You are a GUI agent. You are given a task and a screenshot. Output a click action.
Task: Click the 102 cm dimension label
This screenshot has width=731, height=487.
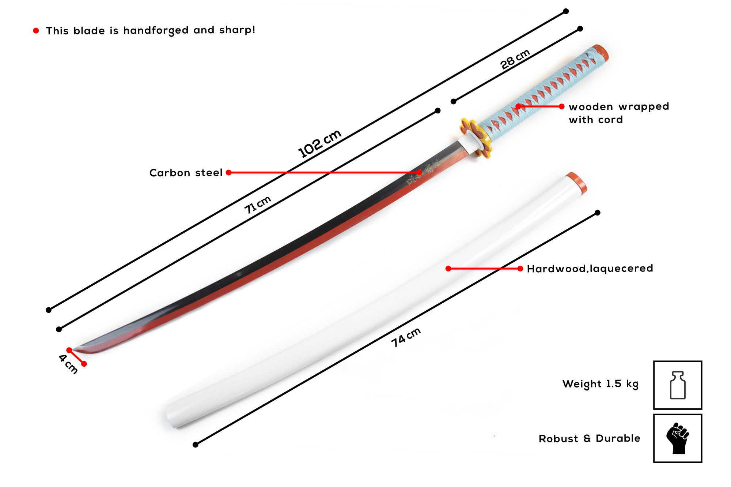[319, 143]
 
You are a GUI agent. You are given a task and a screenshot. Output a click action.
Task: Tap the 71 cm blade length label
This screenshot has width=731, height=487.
[258, 205]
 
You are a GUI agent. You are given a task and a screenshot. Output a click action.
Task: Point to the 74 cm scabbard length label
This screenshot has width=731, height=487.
[406, 337]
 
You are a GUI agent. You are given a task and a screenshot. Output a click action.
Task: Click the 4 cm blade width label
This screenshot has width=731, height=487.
[68, 364]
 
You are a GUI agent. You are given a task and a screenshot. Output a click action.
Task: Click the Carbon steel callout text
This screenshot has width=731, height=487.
[186, 173]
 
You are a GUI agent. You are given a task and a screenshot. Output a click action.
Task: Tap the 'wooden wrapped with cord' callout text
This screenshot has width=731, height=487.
[618, 113]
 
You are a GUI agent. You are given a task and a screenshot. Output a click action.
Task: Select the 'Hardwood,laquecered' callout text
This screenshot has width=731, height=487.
[590, 269]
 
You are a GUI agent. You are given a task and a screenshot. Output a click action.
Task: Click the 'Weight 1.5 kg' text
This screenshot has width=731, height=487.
[600, 384]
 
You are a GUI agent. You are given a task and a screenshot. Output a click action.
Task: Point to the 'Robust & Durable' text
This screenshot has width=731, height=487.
[589, 438]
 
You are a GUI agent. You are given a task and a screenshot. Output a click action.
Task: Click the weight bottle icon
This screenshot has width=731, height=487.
[677, 385]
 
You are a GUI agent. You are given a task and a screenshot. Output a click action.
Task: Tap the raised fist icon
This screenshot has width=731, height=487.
[677, 438]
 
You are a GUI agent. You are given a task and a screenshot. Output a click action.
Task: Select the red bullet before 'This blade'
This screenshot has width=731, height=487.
[36, 31]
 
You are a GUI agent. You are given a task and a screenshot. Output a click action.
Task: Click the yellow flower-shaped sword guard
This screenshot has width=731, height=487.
[476, 137]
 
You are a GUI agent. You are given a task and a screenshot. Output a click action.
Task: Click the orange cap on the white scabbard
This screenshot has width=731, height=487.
[577, 181]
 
